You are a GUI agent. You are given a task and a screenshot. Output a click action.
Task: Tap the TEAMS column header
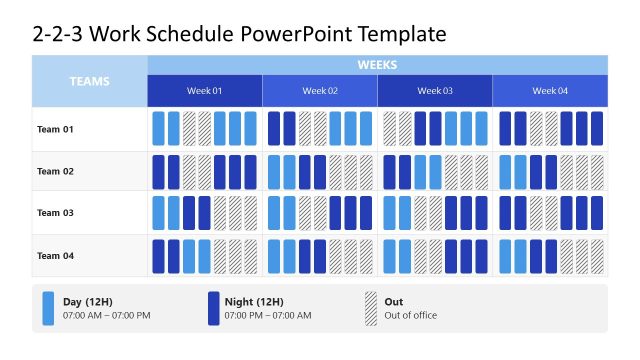[89, 81]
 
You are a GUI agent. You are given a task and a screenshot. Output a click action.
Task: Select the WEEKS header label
[377, 65]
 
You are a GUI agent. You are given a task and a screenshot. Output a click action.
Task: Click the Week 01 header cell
[205, 91]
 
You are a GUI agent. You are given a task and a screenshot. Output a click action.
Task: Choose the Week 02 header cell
[320, 91]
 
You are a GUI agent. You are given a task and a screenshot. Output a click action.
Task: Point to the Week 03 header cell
[435, 91]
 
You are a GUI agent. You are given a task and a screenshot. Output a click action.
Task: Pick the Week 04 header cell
[550, 91]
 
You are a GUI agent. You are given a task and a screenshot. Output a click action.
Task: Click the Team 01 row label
[56, 129]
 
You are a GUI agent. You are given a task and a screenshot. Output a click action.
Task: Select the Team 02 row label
[56, 171]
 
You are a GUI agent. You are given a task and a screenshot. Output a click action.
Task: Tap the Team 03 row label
[56, 213]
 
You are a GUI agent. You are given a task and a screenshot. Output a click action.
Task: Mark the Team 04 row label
[56, 255]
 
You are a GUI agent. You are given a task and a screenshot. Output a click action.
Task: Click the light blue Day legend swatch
[49, 308]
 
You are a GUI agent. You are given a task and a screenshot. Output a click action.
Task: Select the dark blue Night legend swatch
[214, 308]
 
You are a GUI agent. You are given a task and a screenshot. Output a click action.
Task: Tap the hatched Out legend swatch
[371, 308]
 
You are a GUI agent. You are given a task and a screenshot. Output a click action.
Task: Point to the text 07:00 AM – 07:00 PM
[106, 316]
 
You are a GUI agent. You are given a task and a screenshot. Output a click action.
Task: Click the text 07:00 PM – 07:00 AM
[268, 316]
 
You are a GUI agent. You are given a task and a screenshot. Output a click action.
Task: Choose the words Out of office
[412, 316]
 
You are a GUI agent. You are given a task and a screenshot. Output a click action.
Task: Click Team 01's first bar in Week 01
[158, 129]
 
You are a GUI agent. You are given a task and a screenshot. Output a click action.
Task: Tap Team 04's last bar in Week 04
[597, 255]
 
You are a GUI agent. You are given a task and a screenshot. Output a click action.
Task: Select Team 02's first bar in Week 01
[158, 171]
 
